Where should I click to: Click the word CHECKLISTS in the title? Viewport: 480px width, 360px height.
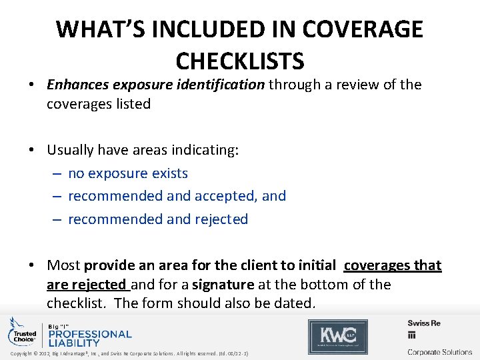(x=240, y=61)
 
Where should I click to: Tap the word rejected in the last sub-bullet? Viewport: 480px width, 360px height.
(x=221, y=219)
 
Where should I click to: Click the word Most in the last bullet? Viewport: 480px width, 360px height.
(x=64, y=265)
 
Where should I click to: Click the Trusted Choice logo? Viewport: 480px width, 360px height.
(x=22, y=332)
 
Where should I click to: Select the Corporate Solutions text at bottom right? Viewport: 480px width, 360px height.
(x=439, y=351)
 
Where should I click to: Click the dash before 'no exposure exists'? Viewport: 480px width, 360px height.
(x=58, y=173)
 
